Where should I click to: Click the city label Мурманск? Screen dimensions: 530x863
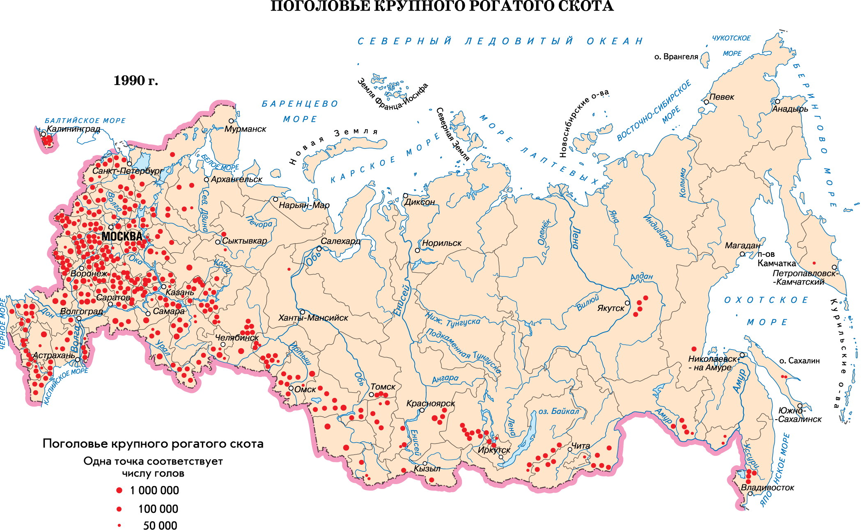tap(245, 129)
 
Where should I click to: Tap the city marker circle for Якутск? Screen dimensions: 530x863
tap(627, 303)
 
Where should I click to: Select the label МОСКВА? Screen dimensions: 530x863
tap(122, 236)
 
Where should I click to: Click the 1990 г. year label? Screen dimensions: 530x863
tap(135, 80)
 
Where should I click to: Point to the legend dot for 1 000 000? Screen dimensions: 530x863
tap(119, 490)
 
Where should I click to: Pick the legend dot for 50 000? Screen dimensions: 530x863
tap(119, 525)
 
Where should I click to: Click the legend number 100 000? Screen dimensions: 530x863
tap(158, 509)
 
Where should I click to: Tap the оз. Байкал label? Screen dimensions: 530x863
tap(559, 411)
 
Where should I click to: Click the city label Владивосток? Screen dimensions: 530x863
tap(767, 488)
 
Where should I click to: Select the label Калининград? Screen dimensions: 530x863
tap(73, 128)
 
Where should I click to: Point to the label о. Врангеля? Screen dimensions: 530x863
tap(676, 57)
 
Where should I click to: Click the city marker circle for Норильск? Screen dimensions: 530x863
tap(418, 250)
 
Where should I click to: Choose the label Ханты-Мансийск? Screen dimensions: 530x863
tap(313, 318)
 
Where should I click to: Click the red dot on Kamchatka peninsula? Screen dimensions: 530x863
tap(814, 263)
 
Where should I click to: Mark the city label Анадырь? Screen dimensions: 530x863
tap(790, 109)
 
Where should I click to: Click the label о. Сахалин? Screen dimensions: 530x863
tap(799, 361)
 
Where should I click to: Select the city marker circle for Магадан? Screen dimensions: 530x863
tap(742, 254)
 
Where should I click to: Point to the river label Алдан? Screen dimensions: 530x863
tap(641, 276)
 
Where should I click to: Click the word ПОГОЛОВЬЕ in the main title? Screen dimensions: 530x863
tap(320, 6)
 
